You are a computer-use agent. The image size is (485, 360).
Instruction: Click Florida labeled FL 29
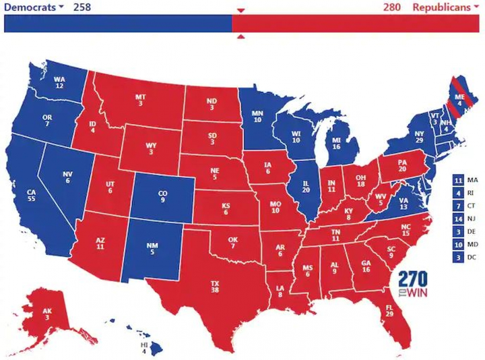(389, 311)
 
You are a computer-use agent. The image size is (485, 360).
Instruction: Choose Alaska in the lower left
(46, 313)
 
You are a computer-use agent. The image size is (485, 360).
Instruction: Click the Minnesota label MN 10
(257, 117)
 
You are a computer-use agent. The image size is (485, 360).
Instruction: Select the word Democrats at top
(31, 7)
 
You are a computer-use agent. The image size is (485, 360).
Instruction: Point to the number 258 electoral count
(81, 7)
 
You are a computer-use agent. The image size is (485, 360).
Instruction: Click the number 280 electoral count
(391, 7)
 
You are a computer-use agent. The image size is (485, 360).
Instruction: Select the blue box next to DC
(458, 258)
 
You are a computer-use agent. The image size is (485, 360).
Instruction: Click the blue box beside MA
(458, 180)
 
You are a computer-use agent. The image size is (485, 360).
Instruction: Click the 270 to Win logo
(412, 284)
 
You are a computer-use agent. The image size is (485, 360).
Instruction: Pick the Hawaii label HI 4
(144, 348)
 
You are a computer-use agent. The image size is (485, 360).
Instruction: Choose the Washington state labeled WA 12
(59, 82)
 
